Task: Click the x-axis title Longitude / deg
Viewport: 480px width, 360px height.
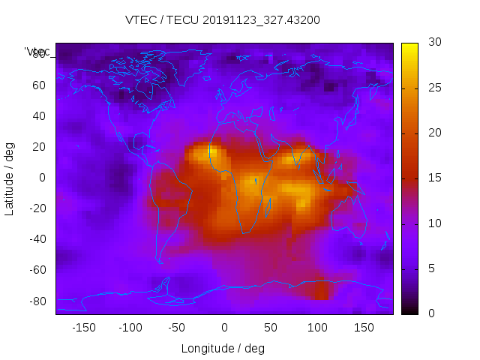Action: tap(223, 348)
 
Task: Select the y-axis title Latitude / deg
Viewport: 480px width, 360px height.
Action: tap(10, 178)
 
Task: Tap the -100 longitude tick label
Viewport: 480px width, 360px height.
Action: tap(130, 327)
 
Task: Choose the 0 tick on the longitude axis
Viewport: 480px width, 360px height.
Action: tap(224, 327)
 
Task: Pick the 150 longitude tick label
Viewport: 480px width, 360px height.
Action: tap(364, 327)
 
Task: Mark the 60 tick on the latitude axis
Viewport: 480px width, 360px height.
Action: tap(38, 85)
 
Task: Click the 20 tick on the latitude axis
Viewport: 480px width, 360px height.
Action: tap(38, 147)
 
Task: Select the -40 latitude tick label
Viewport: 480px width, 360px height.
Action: tap(36, 239)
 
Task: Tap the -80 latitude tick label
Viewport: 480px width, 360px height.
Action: tap(36, 301)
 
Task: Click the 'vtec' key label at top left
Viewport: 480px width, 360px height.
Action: tap(37, 52)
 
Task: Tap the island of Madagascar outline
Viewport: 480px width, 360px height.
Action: tap(268, 205)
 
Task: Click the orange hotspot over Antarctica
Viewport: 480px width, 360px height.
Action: tap(319, 290)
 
